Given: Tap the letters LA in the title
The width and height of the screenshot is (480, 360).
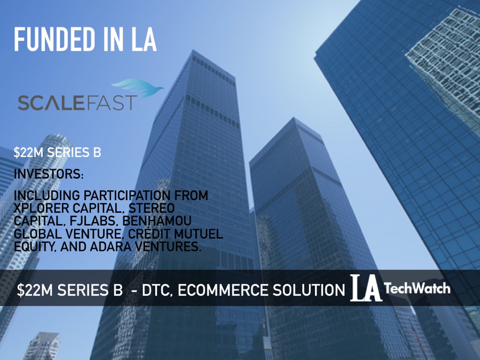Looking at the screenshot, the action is point(144,39).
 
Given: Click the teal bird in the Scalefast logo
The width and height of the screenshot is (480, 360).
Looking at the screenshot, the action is point(137,87).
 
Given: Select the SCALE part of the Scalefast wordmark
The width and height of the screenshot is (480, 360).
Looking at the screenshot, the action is point(51,103).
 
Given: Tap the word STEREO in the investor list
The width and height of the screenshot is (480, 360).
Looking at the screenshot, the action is point(152,208).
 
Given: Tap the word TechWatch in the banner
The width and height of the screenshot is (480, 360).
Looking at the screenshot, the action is point(417,288).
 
